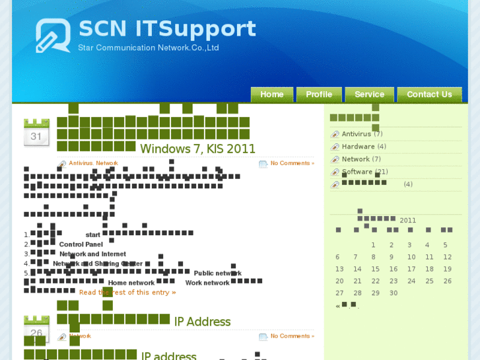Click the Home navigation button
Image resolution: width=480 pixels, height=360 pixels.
(271, 94)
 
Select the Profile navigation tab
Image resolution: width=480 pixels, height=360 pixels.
(319, 94)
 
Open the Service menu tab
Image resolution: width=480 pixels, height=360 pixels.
(369, 94)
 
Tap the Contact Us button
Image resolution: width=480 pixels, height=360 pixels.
(429, 94)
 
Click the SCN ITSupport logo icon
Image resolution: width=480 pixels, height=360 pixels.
(53, 36)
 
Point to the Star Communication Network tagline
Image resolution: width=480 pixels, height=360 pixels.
(148, 48)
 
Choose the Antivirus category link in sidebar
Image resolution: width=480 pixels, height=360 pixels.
(357, 134)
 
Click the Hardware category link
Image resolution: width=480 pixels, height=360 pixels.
(358, 147)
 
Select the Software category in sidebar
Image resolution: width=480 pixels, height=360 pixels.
(357, 172)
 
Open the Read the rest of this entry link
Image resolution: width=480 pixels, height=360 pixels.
(127, 292)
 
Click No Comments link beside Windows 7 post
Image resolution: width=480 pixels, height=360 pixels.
(292, 163)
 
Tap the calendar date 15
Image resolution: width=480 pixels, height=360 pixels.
(375, 269)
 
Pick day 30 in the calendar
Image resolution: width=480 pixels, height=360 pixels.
(394, 293)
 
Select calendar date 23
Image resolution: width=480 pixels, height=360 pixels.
(394, 281)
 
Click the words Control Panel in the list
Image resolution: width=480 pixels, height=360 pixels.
(81, 244)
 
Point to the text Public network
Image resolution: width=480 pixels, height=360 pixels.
(217, 273)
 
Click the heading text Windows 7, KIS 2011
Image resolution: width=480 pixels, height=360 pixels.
(197, 149)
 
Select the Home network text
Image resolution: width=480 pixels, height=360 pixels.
(131, 283)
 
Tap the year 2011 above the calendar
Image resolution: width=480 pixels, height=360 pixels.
(407, 221)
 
